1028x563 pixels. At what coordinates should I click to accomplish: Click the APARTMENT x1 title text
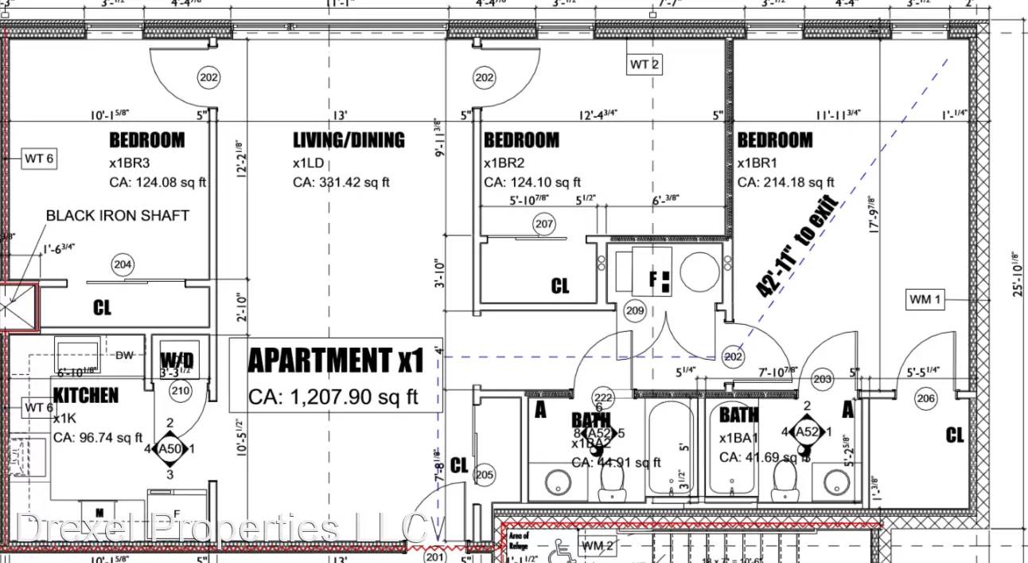click(335, 361)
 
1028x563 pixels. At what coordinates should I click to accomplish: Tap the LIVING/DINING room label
click(349, 140)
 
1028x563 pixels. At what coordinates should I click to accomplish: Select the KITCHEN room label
click(86, 395)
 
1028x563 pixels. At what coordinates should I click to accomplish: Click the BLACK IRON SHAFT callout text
click(118, 215)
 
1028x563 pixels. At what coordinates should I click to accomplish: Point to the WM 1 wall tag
click(925, 299)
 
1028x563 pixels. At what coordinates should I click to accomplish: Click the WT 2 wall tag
click(644, 65)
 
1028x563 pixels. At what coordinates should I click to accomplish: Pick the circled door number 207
click(544, 225)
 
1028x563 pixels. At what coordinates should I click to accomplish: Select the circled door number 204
click(123, 265)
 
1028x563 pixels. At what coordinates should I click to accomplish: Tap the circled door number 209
click(634, 311)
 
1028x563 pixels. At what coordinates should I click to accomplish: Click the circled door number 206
click(926, 399)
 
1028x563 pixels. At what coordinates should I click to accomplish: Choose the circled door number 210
click(181, 390)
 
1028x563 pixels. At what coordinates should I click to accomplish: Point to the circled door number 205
click(484, 475)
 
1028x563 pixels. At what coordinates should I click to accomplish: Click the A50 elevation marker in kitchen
click(169, 449)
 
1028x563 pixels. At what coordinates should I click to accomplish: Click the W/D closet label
click(177, 360)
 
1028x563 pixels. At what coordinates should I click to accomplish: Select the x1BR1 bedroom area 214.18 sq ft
click(786, 182)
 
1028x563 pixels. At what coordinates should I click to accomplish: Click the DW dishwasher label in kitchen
click(124, 355)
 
